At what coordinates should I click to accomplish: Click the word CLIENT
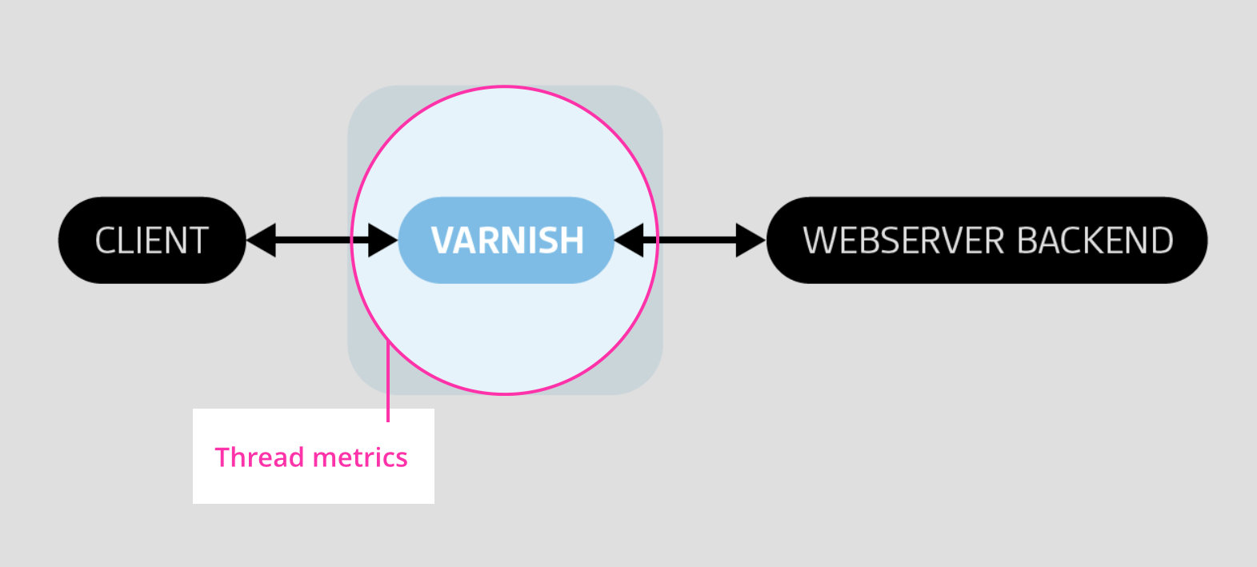pyautogui.click(x=151, y=241)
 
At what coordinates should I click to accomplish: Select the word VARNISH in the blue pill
pyautogui.click(x=507, y=241)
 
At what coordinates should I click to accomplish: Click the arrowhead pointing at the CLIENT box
pyautogui.click(x=261, y=240)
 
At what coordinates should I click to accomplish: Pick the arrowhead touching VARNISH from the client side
pyautogui.click(x=382, y=240)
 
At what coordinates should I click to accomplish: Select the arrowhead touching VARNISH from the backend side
pyautogui.click(x=629, y=240)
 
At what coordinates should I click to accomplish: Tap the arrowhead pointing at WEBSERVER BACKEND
pyautogui.click(x=751, y=240)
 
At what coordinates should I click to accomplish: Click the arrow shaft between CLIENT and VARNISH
pyautogui.click(x=321, y=240)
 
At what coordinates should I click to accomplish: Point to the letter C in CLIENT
pyautogui.click(x=105, y=241)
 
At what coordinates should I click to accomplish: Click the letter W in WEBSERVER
pyautogui.click(x=819, y=241)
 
